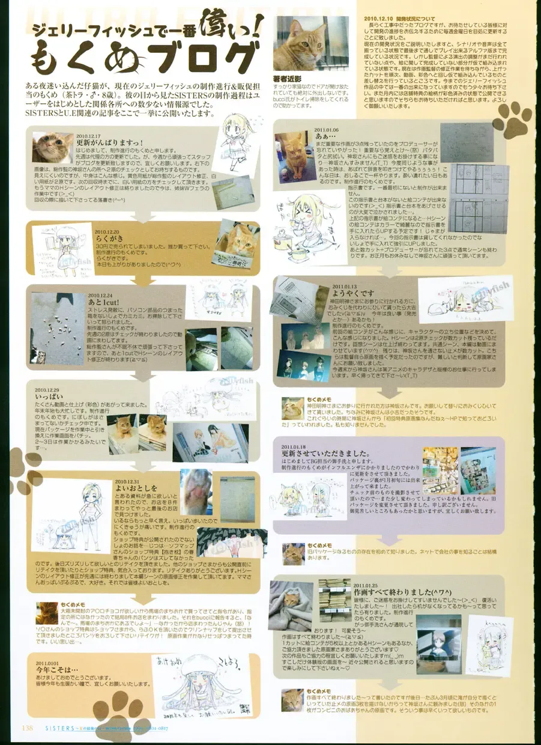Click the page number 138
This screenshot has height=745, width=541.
coord(26,729)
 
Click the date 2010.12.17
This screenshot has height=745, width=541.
coord(88,136)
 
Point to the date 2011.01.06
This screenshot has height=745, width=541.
coord(325,129)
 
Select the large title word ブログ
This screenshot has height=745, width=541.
coord(193,57)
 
